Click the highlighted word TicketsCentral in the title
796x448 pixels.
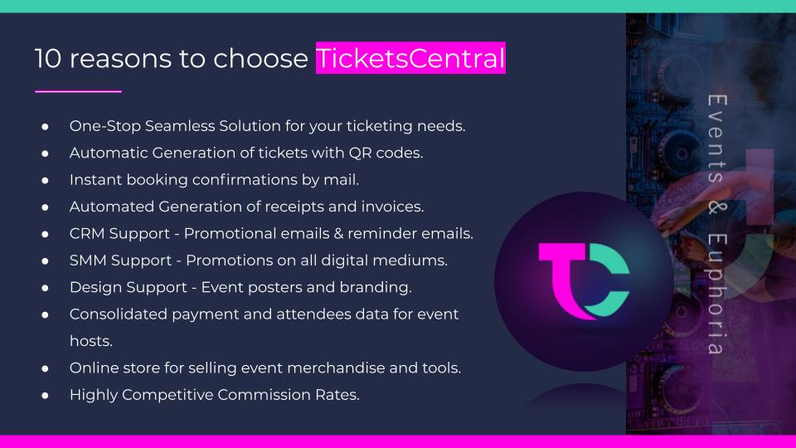[x=410, y=58]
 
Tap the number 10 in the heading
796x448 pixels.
[x=48, y=58]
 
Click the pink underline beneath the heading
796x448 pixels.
[x=78, y=91]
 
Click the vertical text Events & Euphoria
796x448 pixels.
[x=716, y=224]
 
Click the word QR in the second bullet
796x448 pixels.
[x=360, y=153]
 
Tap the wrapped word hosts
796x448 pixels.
[x=91, y=341]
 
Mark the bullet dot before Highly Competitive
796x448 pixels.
[x=45, y=395]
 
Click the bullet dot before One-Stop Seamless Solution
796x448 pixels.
[x=45, y=126]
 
